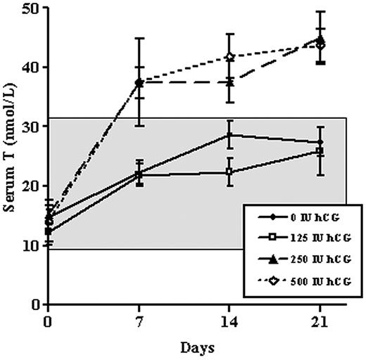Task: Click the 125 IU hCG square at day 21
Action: click(x=321, y=151)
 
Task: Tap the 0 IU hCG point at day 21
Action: click(x=321, y=143)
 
